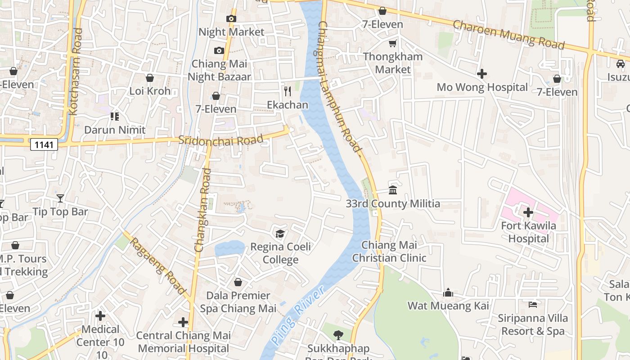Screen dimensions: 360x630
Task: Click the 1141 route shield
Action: tap(45, 144)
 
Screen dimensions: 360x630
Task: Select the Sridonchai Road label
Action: tap(220, 140)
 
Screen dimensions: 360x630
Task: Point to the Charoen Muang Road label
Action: tap(508, 34)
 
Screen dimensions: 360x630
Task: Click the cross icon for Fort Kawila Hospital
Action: tap(528, 212)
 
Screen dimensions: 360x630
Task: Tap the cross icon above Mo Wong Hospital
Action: tap(482, 73)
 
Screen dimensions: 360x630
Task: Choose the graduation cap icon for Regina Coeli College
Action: tap(280, 234)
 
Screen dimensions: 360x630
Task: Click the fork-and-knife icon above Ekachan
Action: tap(288, 91)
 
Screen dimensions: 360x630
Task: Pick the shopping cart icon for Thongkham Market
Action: tap(393, 43)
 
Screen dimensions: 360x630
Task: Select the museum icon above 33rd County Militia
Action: tap(393, 190)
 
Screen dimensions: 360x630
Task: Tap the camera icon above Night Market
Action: tap(231, 18)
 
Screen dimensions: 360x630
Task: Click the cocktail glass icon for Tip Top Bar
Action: tap(60, 198)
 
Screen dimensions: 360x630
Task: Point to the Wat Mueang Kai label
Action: tap(448, 306)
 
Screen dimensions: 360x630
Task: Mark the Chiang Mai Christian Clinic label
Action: tap(389, 252)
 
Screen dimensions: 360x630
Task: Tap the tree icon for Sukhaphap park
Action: tap(338, 335)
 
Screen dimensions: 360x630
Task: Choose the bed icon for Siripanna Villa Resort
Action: tap(533, 305)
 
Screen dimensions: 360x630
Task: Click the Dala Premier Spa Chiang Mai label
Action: tap(238, 302)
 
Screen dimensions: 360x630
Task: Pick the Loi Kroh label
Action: tap(150, 91)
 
